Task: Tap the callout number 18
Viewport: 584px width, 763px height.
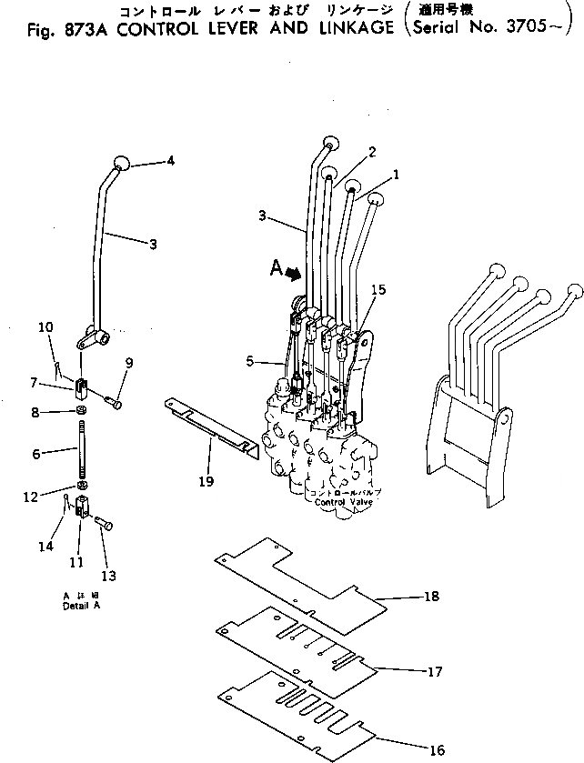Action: [x=431, y=597]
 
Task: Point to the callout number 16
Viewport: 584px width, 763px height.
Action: [x=437, y=750]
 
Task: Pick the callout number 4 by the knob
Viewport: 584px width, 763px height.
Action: [x=169, y=161]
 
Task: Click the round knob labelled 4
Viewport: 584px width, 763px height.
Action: [x=123, y=164]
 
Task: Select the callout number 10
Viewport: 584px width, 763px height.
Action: [x=45, y=326]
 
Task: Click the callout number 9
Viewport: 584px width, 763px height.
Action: [x=129, y=363]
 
